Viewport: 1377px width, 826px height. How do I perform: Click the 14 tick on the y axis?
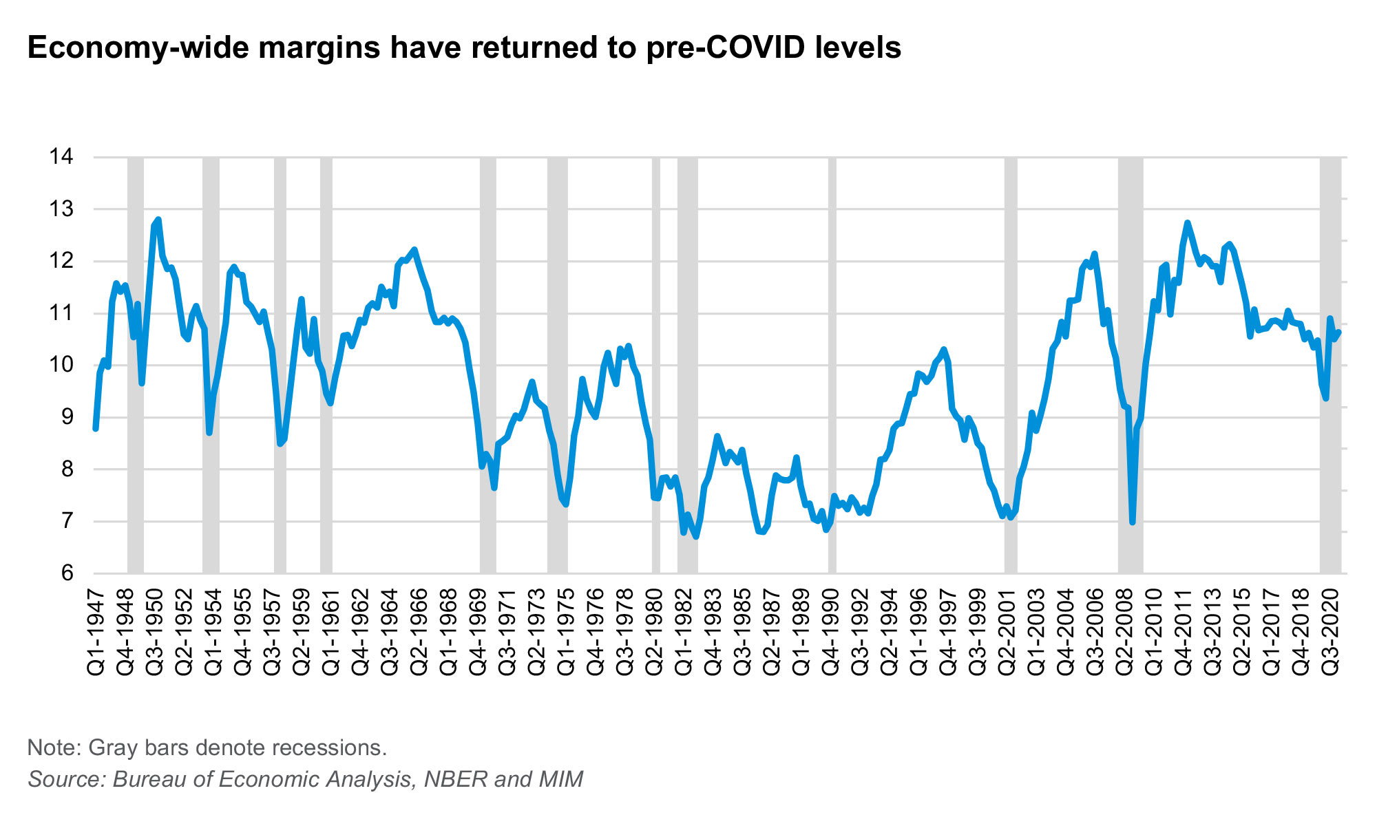[61, 157]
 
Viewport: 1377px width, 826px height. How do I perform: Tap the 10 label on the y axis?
[61, 365]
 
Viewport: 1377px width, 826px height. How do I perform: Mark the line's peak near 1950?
[158, 220]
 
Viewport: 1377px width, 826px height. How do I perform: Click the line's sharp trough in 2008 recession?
[1133, 522]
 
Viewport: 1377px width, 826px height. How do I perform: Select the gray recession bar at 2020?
[1330, 365]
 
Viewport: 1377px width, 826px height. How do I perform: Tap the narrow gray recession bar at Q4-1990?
[832, 365]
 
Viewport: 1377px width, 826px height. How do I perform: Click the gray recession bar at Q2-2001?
[1010, 365]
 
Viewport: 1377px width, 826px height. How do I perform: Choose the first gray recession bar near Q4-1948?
[136, 365]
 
